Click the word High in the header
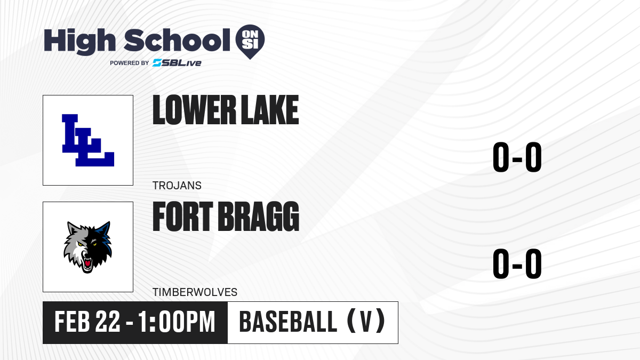79,42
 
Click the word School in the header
177,40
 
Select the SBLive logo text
177,63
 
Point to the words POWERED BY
130,63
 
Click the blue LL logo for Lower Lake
88,140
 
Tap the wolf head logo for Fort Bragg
87,247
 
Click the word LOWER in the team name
194,110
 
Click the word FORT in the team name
183,217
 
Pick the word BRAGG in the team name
259,217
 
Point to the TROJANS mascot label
177,186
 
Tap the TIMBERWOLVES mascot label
195,292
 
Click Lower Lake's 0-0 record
517,157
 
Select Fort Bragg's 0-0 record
517,263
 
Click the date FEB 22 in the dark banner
87,322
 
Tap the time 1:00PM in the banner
177,322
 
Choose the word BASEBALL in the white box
288,322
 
